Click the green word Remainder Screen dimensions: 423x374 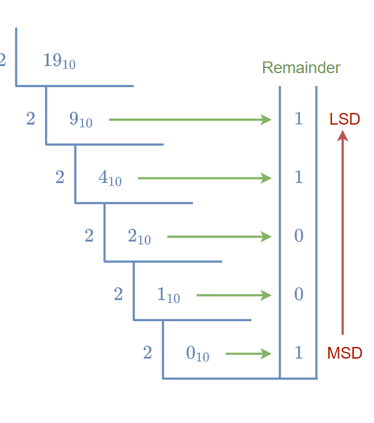click(301, 67)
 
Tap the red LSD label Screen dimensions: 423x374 click(345, 119)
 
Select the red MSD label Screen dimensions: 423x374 click(345, 353)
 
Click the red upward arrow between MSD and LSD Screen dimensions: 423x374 click(343, 234)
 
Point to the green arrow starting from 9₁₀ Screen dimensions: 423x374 click(190, 120)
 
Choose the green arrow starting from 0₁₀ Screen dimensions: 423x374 click(248, 354)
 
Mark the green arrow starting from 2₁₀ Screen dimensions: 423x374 click(219, 237)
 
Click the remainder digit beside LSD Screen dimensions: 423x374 click(299, 119)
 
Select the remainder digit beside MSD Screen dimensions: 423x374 click(299, 353)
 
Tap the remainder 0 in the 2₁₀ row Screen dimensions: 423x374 click(299, 236)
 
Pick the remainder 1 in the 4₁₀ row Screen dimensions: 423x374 click(299, 177)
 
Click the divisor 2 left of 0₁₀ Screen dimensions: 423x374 click(147, 353)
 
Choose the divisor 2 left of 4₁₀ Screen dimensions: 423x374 click(60, 177)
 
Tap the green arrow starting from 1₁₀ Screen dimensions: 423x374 click(234, 295)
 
